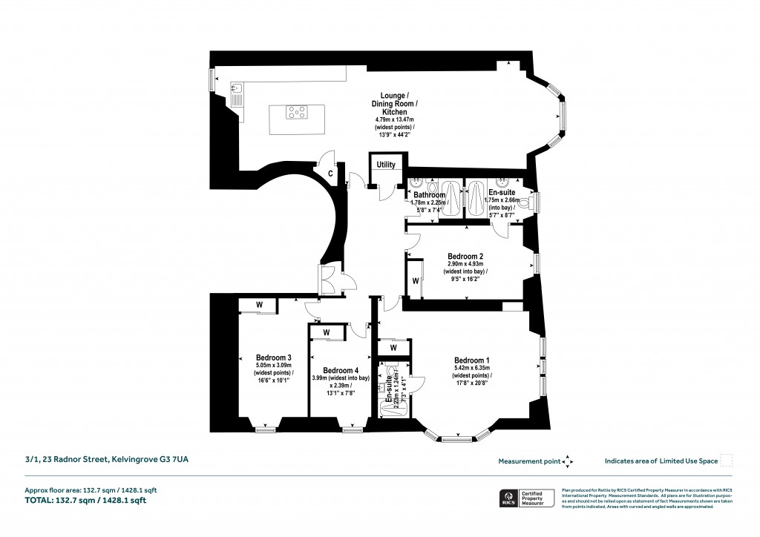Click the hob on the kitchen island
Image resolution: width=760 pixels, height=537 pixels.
[297, 113]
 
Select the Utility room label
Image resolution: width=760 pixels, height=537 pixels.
[386, 165]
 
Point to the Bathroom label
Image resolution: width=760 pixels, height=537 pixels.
[428, 195]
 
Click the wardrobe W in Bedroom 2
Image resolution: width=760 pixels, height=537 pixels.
[416, 280]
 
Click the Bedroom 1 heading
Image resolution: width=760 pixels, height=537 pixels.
[473, 360]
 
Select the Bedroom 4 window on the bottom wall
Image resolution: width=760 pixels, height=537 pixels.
[353, 429]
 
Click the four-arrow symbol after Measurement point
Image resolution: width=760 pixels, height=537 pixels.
[568, 461]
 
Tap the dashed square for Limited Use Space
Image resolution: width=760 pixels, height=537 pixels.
[727, 461]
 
